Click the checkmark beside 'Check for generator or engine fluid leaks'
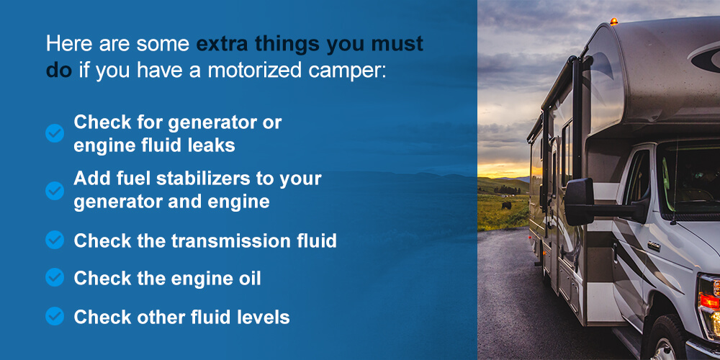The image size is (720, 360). [x=55, y=133]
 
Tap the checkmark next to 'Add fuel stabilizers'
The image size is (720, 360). [x=55, y=190]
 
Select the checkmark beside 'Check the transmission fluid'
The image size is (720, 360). [x=55, y=240]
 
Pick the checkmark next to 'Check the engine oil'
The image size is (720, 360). [x=55, y=277]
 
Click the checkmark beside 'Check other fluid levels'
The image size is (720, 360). [x=55, y=316]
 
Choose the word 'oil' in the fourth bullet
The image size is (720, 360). [x=247, y=278]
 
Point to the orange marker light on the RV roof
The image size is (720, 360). [x=613, y=22]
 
